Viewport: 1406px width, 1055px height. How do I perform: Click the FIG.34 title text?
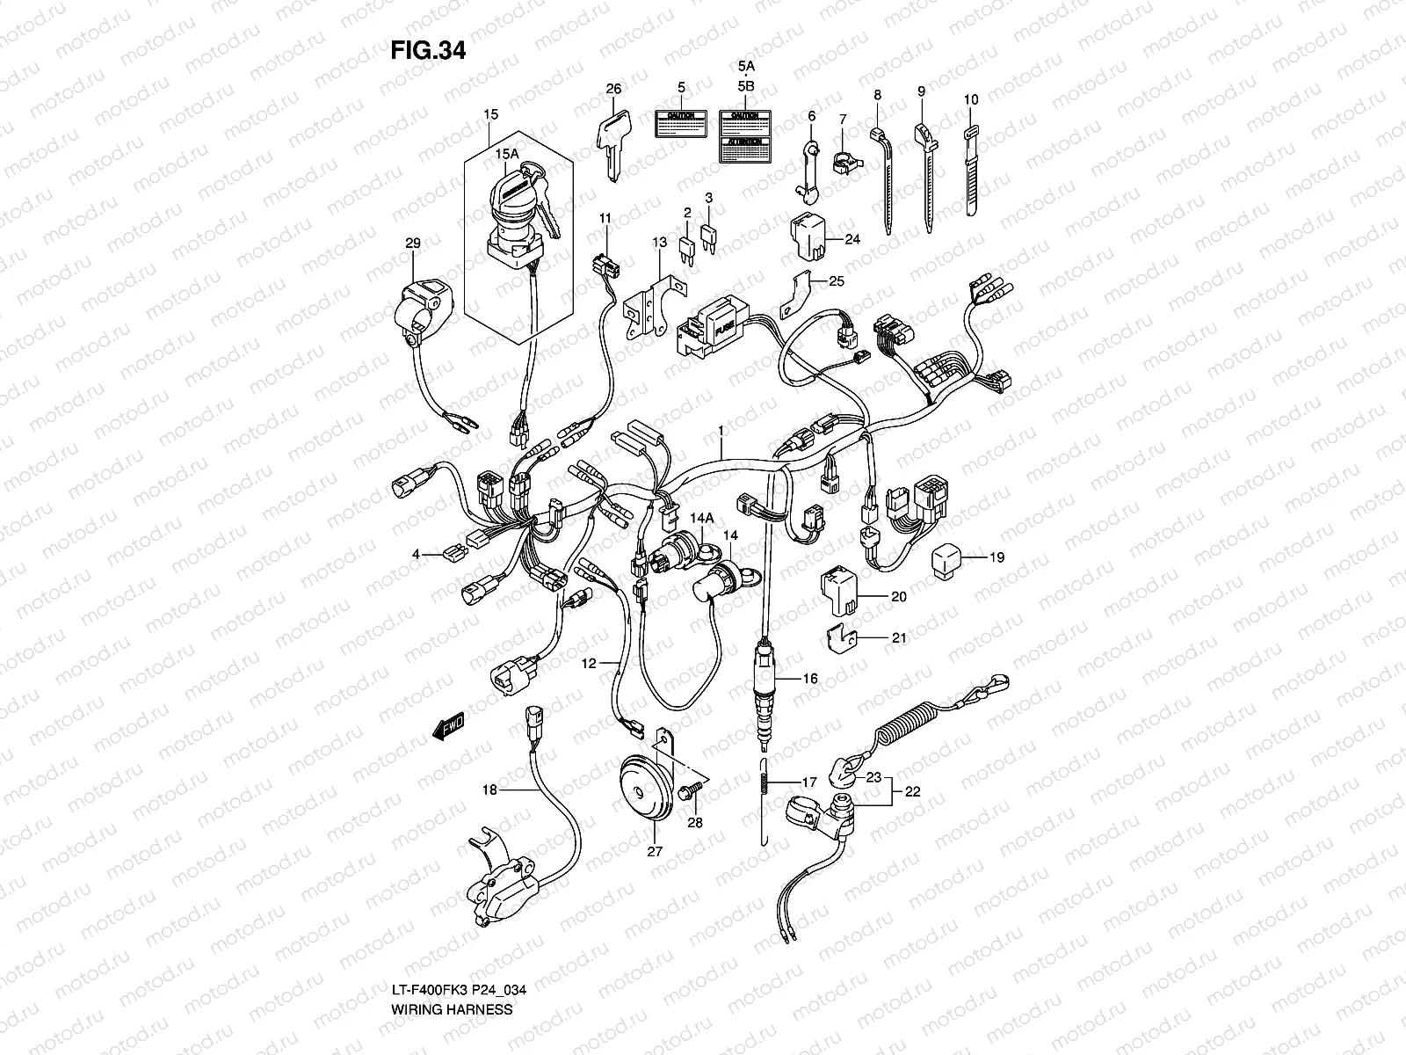pos(427,51)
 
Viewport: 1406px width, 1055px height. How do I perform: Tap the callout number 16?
pos(809,679)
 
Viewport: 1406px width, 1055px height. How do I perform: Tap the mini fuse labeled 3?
pos(708,237)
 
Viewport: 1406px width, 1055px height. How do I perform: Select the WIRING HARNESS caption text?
pos(452,935)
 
